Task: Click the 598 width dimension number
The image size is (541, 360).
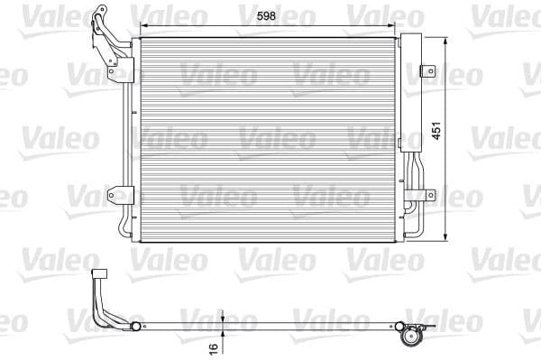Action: pos(265,14)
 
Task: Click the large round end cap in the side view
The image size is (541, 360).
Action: pos(415,337)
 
